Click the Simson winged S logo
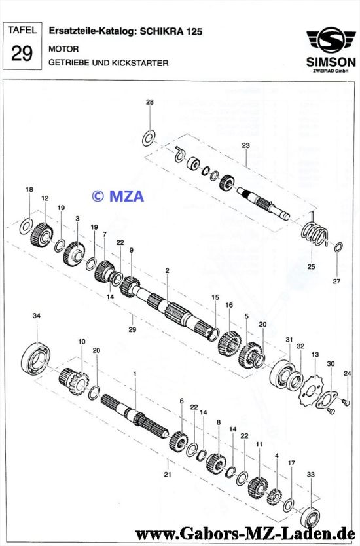(331, 40)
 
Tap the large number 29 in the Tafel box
(22, 53)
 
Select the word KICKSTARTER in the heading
(140, 63)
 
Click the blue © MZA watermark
(118, 196)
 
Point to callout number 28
(150, 102)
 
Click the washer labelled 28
(149, 138)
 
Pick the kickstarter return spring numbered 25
(315, 234)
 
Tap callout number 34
(37, 316)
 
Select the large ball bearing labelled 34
(35, 359)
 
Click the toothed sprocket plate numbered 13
(312, 390)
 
